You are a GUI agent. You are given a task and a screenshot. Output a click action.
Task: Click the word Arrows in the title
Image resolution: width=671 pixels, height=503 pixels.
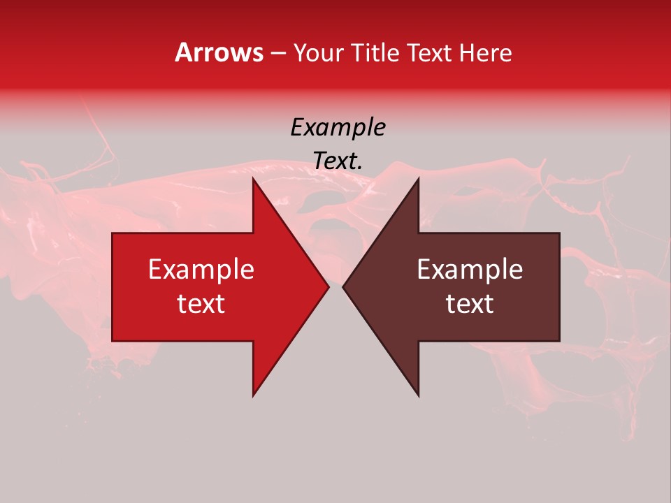coord(219,52)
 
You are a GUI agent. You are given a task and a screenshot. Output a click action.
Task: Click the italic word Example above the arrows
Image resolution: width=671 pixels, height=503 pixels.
coord(338,127)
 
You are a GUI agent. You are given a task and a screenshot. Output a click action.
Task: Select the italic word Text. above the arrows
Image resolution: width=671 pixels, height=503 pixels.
coord(338,161)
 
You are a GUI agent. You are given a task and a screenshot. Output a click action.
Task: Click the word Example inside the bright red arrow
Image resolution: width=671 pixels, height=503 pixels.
coord(201,269)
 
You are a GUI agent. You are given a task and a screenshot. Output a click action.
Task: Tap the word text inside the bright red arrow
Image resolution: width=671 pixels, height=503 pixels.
coord(201,303)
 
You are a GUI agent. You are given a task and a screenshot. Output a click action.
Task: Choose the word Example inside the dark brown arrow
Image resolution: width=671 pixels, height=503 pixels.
coord(470,269)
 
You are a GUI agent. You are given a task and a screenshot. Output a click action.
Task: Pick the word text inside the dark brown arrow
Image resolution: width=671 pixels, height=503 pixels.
coord(470,303)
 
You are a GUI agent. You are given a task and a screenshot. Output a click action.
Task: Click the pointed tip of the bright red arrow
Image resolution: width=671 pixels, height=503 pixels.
coord(329,286)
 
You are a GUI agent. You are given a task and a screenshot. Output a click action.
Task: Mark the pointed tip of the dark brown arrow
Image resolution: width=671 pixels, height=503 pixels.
coord(343,286)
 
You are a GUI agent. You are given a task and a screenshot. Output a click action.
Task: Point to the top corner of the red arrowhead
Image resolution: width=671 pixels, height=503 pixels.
coord(253,178)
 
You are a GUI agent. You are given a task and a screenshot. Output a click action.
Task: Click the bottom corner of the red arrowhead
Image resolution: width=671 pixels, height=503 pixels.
coord(253,395)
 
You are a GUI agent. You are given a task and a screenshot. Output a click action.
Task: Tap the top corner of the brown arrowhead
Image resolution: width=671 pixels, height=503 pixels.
coord(419,178)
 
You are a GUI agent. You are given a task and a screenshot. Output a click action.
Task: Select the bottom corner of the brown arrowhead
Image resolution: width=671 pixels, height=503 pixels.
coord(419,395)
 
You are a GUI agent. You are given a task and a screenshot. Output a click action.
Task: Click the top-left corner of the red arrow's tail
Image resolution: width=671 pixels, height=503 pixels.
coord(113,233)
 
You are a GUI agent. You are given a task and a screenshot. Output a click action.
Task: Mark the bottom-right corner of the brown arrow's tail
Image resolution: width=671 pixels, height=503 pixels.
coord(559,341)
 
